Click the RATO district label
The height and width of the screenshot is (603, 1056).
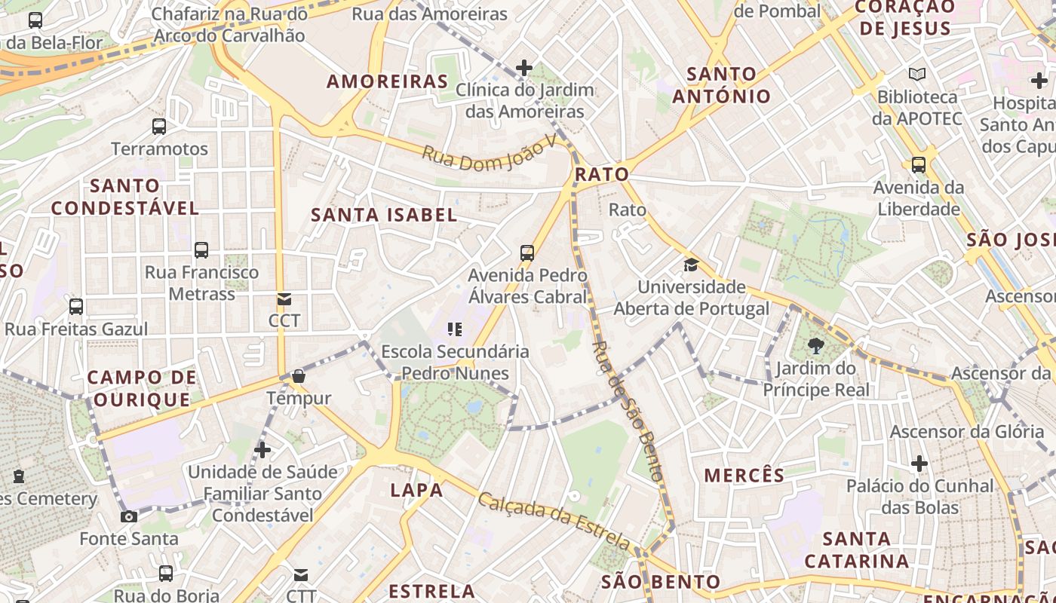click(601, 174)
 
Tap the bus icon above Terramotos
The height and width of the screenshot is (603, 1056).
click(159, 127)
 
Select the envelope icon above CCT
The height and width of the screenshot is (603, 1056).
click(284, 299)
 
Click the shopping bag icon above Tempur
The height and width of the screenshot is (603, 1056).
click(299, 376)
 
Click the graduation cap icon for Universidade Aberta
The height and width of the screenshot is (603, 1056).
click(691, 265)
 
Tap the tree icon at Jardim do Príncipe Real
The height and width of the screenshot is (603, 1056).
click(815, 347)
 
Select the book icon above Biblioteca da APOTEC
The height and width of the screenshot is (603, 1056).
click(917, 75)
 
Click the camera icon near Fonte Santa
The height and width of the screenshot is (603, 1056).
click(129, 516)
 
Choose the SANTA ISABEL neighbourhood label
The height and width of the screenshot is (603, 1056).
click(384, 215)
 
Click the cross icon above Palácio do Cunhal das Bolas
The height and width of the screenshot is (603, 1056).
click(919, 464)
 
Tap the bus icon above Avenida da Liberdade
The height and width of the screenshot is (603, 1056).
click(918, 164)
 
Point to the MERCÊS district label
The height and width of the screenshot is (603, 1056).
click(744, 476)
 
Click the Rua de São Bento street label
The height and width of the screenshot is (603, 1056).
click(628, 411)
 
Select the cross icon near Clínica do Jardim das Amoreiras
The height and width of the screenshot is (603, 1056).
click(524, 69)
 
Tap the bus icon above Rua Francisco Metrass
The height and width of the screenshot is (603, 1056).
click(201, 250)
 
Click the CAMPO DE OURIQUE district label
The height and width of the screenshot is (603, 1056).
click(141, 388)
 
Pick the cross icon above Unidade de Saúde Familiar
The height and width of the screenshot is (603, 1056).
click(262, 450)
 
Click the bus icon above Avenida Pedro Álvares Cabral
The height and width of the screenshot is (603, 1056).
click(527, 253)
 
